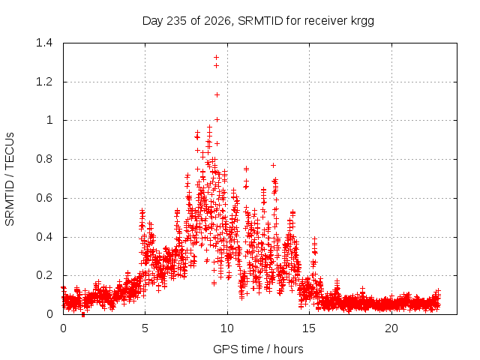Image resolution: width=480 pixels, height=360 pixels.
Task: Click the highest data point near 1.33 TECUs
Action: click(x=217, y=57)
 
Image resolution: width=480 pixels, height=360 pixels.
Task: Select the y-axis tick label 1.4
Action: click(x=44, y=43)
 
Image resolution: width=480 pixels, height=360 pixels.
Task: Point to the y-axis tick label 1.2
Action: click(x=44, y=82)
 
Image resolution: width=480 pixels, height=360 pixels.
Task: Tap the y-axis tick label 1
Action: click(x=49, y=120)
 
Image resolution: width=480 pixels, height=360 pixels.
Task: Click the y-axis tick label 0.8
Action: click(x=44, y=159)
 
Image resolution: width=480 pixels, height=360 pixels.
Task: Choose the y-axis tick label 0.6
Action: click(x=44, y=198)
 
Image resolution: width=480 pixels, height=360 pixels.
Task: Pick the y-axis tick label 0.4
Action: click(x=44, y=237)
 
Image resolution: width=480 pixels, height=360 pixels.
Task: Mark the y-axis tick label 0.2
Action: click(x=44, y=275)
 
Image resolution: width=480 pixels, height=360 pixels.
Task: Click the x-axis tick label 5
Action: click(x=145, y=328)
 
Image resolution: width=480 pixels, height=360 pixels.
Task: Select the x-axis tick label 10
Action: click(x=227, y=328)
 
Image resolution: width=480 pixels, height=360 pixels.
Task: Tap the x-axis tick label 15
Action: click(x=309, y=328)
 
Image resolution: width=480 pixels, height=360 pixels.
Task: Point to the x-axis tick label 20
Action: click(x=391, y=328)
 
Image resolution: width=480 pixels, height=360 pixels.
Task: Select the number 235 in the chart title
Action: click(x=175, y=21)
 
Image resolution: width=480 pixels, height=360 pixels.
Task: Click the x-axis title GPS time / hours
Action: click(x=258, y=349)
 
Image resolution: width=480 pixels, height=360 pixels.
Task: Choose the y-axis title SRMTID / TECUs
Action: click(x=10, y=179)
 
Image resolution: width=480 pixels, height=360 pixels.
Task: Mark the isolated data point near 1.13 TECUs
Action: click(x=217, y=95)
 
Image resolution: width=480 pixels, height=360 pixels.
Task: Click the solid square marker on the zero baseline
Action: click(x=83, y=315)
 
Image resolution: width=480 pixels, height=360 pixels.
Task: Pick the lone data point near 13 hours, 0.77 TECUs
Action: click(x=273, y=165)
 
